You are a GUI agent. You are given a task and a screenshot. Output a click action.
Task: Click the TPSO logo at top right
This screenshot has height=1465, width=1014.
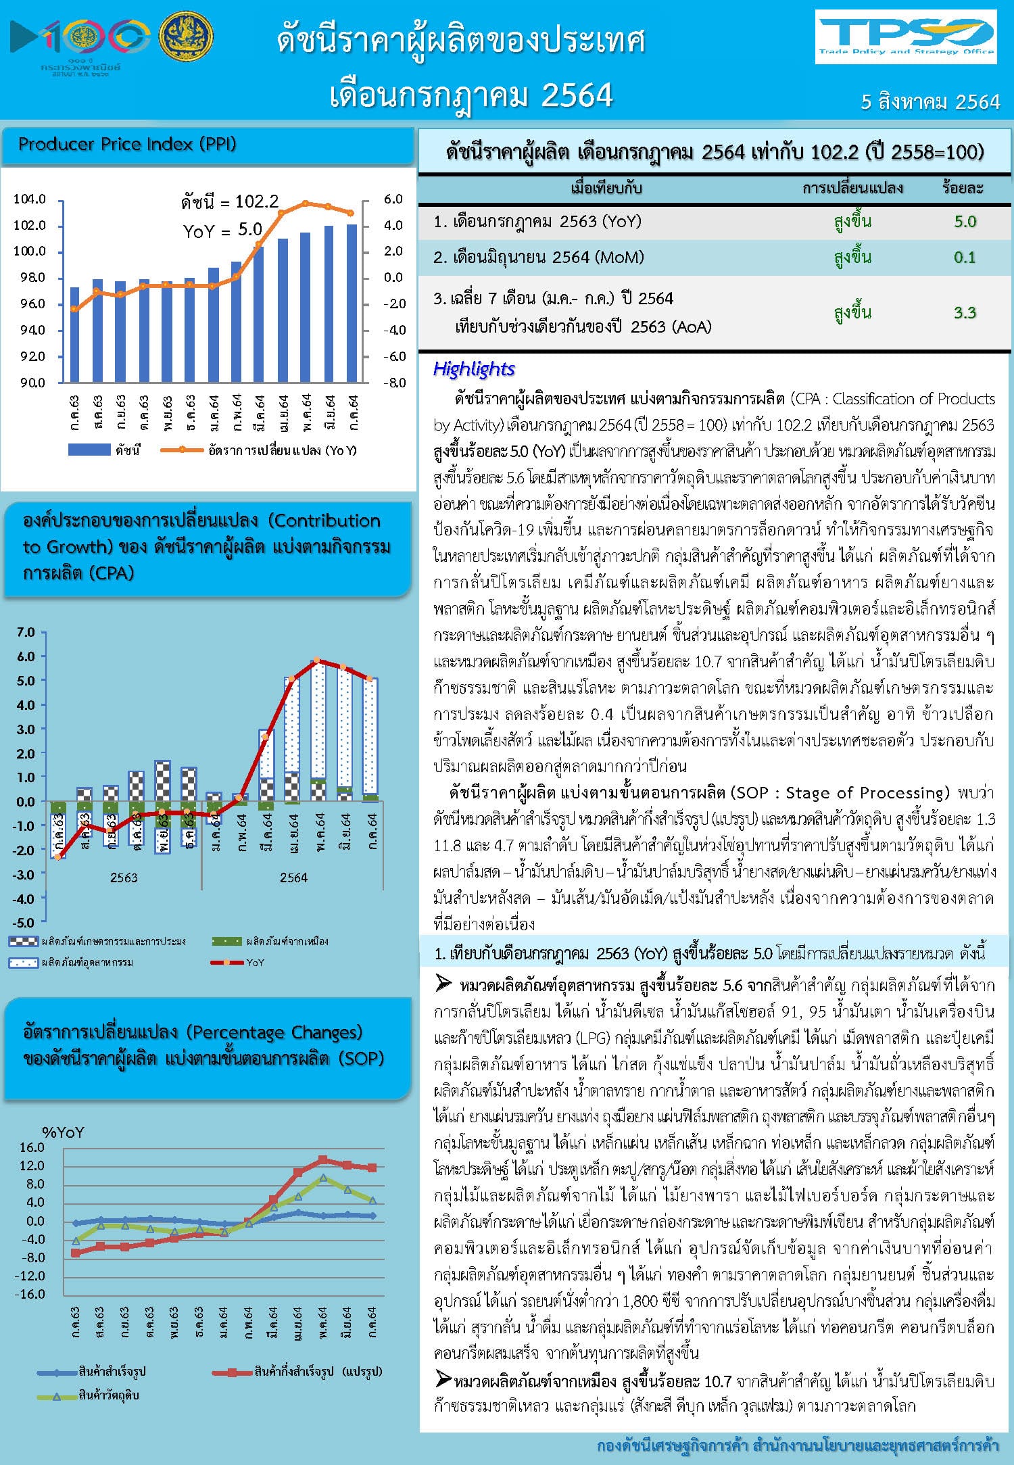click(x=905, y=37)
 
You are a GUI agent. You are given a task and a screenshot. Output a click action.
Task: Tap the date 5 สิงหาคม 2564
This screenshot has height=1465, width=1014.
click(x=930, y=102)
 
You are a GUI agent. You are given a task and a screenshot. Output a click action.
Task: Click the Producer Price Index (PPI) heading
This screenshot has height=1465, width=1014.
click(x=127, y=144)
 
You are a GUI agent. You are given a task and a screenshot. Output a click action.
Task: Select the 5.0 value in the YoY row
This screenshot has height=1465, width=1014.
click(x=965, y=222)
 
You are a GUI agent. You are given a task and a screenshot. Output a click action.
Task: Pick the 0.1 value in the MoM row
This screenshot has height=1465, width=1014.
click(x=965, y=258)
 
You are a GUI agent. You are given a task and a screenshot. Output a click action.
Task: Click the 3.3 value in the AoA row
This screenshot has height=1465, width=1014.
click(x=965, y=312)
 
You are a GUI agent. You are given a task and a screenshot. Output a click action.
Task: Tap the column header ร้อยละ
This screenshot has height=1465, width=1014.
click(x=963, y=188)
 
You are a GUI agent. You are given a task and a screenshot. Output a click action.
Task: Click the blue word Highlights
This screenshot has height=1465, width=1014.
click(x=473, y=369)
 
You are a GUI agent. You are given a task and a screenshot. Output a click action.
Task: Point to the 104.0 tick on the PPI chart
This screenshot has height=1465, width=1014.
click(x=29, y=199)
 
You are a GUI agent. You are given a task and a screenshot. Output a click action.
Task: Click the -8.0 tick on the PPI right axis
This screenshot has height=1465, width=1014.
click(x=393, y=383)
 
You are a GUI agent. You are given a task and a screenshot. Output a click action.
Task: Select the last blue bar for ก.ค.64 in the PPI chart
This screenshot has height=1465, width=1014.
click(x=352, y=304)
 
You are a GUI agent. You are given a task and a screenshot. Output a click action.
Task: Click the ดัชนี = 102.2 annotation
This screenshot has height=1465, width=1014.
click(x=230, y=201)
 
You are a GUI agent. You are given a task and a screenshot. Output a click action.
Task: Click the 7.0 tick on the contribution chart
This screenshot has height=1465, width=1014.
click(x=26, y=632)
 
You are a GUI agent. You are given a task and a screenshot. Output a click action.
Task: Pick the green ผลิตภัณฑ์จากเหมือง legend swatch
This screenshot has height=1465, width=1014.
click(x=226, y=941)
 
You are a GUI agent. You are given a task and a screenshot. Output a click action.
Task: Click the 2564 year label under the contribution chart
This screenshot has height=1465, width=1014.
click(x=293, y=878)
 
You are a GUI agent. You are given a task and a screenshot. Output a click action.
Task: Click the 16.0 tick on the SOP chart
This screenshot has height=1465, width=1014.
click(x=32, y=1147)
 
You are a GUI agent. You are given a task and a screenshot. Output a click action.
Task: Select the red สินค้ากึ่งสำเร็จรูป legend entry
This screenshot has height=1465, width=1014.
click(x=297, y=1372)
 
